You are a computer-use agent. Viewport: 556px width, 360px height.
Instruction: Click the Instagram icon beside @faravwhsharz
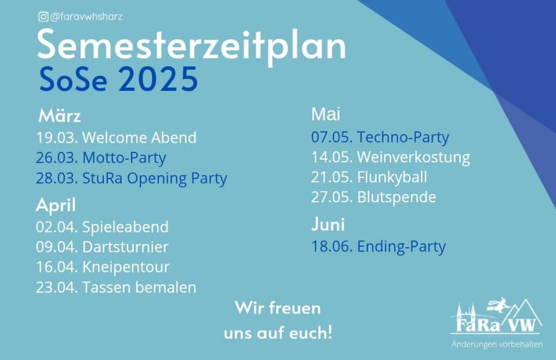coord(43,17)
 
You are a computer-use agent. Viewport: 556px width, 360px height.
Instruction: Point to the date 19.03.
coord(57,137)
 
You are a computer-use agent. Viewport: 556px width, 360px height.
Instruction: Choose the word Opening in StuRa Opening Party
coord(157,179)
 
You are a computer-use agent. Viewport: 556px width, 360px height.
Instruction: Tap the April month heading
coord(56,205)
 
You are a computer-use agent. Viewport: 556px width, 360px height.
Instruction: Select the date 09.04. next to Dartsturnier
coord(57,247)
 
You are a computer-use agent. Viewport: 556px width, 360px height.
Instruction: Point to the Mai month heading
coord(326,114)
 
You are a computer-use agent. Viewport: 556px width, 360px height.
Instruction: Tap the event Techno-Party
coord(403,137)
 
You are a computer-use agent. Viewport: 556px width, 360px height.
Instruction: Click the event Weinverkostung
coord(414,157)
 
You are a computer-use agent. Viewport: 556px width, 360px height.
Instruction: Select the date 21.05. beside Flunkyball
coord(332,177)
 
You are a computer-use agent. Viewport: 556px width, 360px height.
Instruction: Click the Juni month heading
coord(328,224)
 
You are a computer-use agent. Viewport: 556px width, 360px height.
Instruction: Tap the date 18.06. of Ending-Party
coord(332,246)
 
